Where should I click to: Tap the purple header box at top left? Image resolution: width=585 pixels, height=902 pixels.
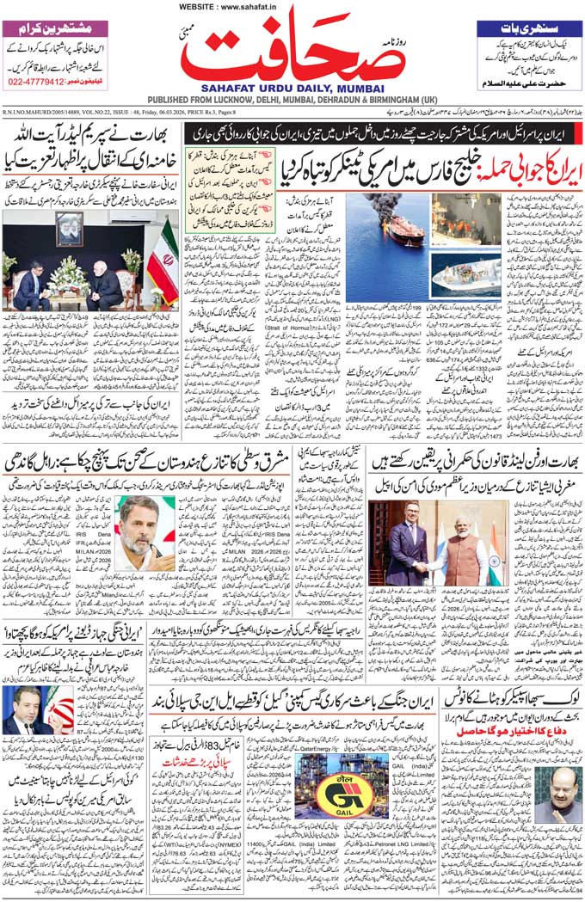[56, 27]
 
